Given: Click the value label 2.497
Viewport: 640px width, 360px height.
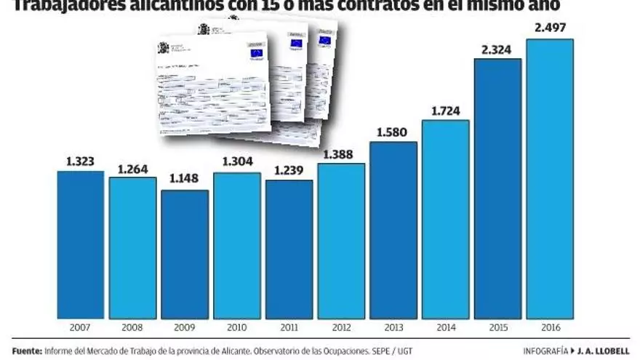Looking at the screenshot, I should click(x=550, y=29).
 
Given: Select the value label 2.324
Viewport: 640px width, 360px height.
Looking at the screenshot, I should click(x=497, y=49).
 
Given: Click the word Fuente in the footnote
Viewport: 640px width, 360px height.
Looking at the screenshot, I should click(x=28, y=350).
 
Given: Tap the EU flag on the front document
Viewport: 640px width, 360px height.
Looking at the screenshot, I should click(x=256, y=53).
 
